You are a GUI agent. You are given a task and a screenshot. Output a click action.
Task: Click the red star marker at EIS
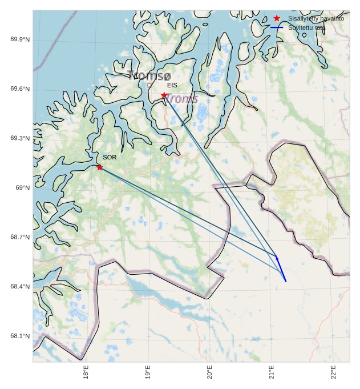tap(164, 95)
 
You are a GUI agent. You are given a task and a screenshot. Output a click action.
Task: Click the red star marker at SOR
tap(100, 167)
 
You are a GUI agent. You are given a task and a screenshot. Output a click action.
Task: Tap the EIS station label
tap(172, 85)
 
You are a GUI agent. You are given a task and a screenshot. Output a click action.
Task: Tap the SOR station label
tap(110, 157)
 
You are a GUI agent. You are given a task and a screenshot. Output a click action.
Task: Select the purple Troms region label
tap(181, 99)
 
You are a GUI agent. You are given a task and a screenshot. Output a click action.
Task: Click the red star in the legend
tap(277, 19)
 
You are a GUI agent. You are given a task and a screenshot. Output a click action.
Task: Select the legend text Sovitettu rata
tap(307, 27)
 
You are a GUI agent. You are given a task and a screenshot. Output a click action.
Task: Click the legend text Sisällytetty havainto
tap(315, 19)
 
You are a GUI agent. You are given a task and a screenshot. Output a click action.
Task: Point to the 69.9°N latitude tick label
tap(20, 39)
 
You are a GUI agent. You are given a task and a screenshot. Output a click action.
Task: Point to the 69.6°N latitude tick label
tap(20, 89)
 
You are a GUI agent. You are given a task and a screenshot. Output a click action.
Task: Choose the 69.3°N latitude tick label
tap(20, 139)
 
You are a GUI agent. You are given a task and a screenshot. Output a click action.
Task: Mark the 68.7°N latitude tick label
tap(20, 237)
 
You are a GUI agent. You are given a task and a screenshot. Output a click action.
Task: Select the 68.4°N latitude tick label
tap(20, 287)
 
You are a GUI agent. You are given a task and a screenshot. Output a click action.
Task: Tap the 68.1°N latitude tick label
tap(20, 336)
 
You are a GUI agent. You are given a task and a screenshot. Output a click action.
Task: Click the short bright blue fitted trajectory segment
tap(281, 270)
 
